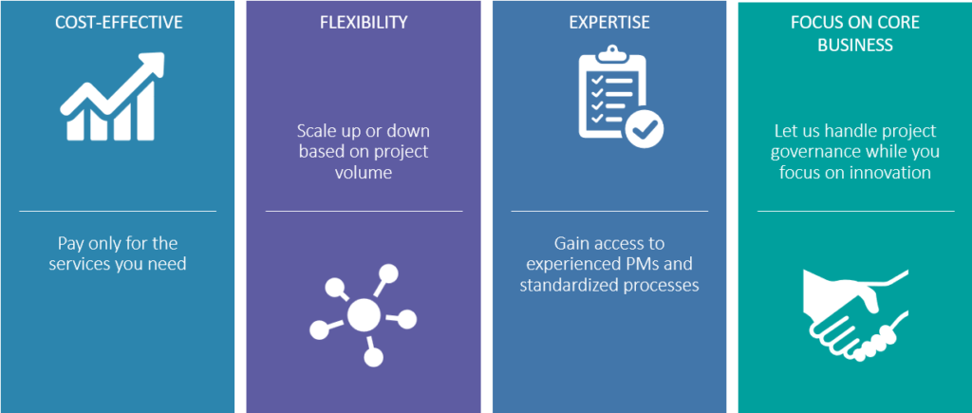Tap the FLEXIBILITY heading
364,23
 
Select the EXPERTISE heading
609,23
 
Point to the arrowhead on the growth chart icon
152,65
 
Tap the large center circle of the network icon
364,314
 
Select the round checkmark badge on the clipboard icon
645,128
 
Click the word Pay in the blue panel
70,243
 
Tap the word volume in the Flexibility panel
364,172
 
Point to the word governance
815,152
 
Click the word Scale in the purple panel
315,131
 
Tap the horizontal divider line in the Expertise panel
609,211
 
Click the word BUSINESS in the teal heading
855,45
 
